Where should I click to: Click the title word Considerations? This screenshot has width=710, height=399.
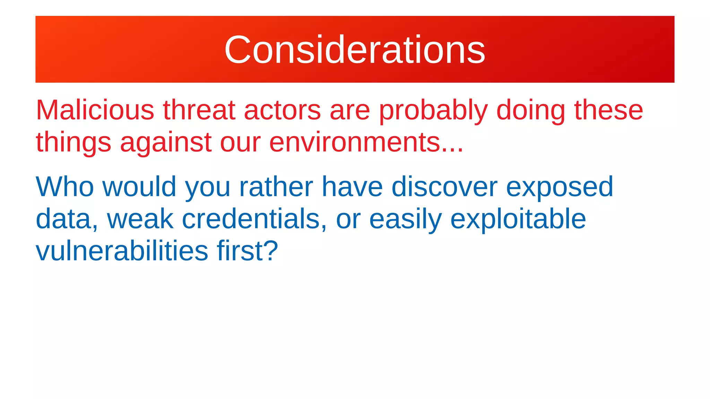pyautogui.click(x=355, y=50)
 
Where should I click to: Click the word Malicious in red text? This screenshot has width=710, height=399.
pyautogui.click(x=95, y=110)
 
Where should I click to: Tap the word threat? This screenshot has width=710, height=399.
pyautogui.click(x=199, y=110)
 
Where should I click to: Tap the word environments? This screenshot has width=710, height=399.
pyautogui.click(x=354, y=142)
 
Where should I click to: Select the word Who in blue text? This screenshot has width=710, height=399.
pyautogui.click(x=65, y=187)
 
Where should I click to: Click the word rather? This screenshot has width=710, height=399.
pyautogui.click(x=276, y=187)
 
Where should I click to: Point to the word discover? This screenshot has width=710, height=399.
pyautogui.click(x=444, y=187)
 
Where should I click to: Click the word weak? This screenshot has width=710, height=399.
pyautogui.click(x=140, y=219)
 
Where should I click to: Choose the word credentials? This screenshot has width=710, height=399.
pyautogui.click(x=251, y=219)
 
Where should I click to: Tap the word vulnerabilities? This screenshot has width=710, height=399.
pyautogui.click(x=122, y=251)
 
